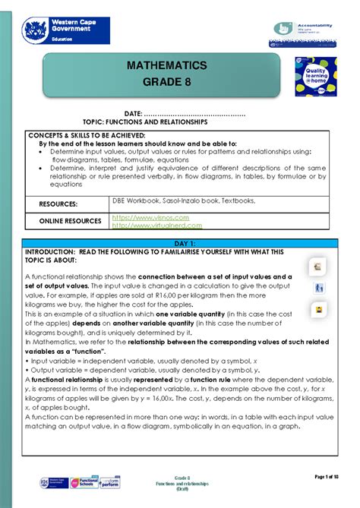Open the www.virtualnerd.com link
coord(156,226)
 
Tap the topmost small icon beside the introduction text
coord(318,267)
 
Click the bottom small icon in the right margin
coord(318,310)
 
